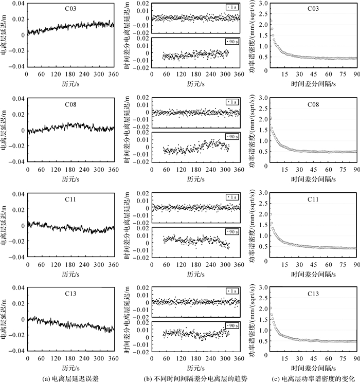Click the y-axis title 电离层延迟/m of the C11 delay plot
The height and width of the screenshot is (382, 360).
[5, 225]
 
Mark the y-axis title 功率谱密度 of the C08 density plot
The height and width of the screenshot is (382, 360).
[251, 130]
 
